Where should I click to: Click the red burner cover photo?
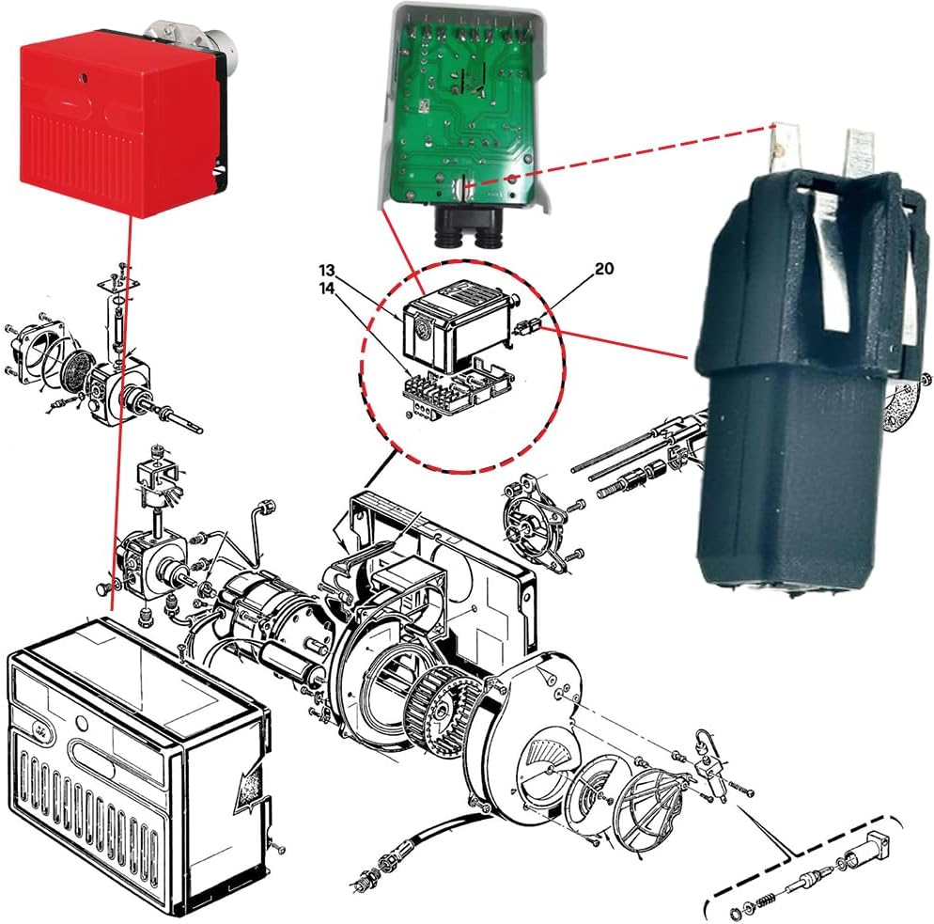pos(122,117)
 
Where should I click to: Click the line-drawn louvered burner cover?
pos(132,761)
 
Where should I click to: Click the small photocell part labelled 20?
pos(530,326)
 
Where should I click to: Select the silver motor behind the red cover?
pos(221,38)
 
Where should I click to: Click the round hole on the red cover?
pos(83,72)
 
